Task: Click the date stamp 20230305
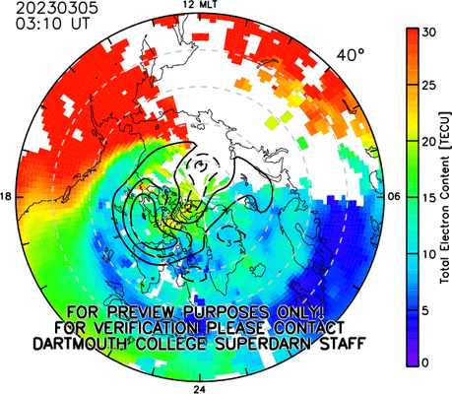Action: click(57, 8)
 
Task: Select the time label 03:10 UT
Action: click(52, 24)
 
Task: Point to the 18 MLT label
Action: click(6, 197)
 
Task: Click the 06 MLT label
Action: click(394, 197)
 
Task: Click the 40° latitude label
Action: click(351, 55)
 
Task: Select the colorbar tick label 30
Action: click(428, 33)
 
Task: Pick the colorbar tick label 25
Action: click(428, 86)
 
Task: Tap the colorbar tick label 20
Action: click(428, 142)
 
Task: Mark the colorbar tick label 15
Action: click(428, 198)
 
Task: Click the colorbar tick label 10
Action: click(428, 254)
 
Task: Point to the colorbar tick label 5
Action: click(425, 310)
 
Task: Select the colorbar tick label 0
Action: click(425, 362)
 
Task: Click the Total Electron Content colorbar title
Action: click(445, 198)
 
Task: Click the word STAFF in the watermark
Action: click(343, 344)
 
